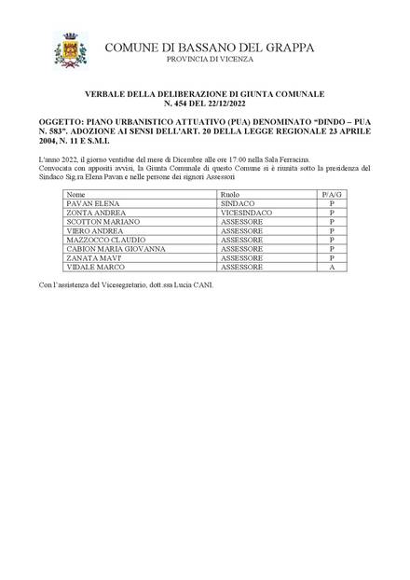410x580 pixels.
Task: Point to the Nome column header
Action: pos(77,195)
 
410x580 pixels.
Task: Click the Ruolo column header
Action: pos(230,195)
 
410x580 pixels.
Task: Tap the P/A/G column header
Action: pos(331,195)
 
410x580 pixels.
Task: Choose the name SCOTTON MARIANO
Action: pos(103,222)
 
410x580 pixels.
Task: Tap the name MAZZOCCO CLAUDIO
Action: pos(105,240)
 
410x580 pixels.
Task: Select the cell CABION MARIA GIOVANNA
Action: pos(116,249)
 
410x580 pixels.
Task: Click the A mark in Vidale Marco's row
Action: pos(331,268)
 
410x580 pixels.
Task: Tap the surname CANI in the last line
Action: pos(202,283)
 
